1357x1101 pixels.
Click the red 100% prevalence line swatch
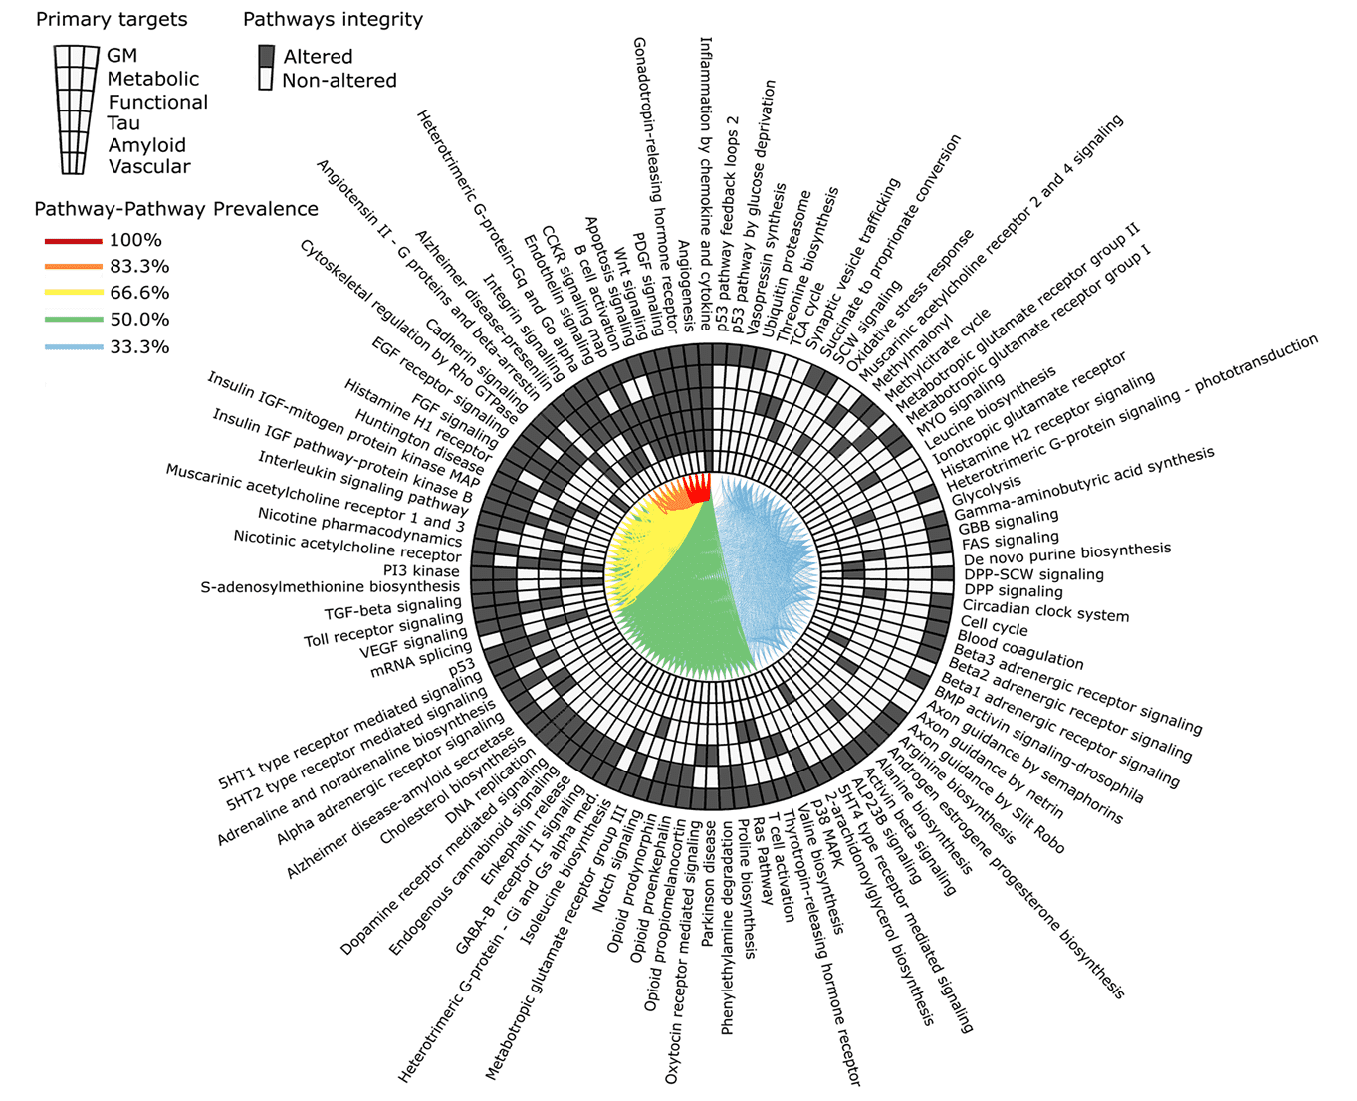(x=73, y=240)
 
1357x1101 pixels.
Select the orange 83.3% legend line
(x=73, y=266)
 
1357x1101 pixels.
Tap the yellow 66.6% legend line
(x=73, y=293)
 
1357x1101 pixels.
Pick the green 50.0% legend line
(x=73, y=320)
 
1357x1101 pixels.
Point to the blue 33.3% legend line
(x=73, y=347)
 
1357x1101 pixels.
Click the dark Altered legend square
(x=266, y=56)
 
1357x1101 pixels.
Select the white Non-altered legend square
(x=266, y=80)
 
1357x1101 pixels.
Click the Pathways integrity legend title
(x=333, y=19)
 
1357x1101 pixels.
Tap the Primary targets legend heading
(x=111, y=19)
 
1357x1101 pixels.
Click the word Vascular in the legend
(x=149, y=167)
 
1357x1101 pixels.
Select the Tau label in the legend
(x=123, y=123)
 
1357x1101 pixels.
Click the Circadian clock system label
(x=1045, y=610)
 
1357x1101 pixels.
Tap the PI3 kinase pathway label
(x=421, y=571)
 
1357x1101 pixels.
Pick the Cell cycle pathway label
(x=994, y=628)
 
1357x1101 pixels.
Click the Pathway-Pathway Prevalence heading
(x=176, y=209)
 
